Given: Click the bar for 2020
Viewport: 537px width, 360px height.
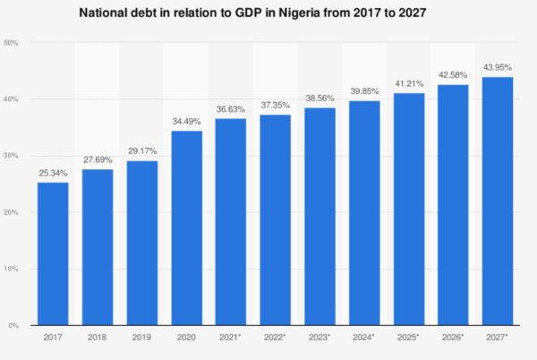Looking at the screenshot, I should pos(186,227).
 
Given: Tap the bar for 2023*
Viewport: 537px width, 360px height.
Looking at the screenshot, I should pos(320,216).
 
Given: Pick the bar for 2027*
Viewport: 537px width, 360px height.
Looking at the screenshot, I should pos(498,201).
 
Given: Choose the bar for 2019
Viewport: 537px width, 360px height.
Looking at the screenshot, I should pos(141,243).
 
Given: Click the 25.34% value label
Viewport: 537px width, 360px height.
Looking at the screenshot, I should pos(53,173).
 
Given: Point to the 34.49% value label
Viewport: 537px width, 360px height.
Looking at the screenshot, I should pos(186,121).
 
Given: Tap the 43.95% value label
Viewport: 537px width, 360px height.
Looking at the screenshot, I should pos(498,67).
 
